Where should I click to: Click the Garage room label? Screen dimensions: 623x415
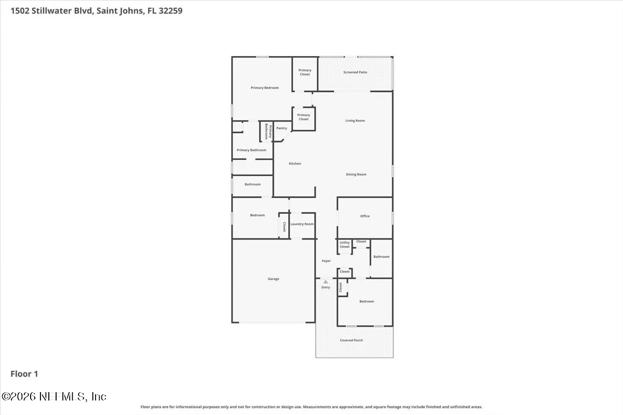274,279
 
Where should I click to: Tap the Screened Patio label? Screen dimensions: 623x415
355,72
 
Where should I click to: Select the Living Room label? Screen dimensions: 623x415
355,121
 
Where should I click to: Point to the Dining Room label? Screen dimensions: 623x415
356,175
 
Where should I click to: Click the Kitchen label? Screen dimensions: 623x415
295,164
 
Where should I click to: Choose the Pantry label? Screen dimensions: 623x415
281,128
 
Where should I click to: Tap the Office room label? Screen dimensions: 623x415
365,216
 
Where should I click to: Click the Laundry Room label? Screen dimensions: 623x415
302,224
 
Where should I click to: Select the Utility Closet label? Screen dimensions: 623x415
345,245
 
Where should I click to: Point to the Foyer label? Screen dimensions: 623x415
326,261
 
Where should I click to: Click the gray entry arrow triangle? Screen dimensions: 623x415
326,282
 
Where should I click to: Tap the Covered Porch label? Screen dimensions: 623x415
351,340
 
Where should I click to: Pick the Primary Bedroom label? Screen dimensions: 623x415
265,88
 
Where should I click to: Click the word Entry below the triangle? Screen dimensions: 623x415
326,287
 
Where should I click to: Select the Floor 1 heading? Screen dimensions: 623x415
24,374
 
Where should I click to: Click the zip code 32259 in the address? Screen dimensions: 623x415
170,11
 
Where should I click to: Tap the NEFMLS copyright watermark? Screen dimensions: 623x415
54,396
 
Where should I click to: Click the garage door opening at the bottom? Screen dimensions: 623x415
273,323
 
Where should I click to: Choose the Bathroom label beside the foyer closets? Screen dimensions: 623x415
381,257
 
